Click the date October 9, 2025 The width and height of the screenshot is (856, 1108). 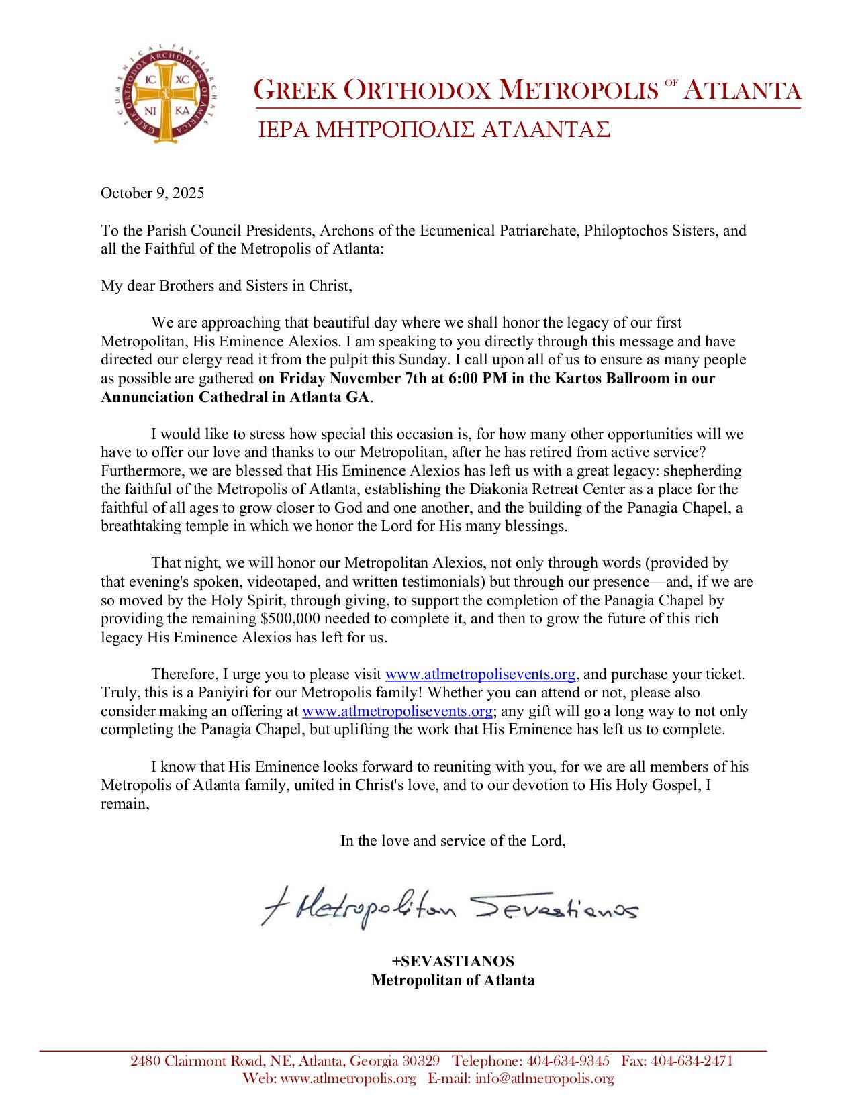tap(152, 194)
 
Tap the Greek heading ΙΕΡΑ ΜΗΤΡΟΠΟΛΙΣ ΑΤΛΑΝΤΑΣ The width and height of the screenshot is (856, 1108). tap(434, 130)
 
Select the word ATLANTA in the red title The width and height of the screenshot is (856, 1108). tap(743, 91)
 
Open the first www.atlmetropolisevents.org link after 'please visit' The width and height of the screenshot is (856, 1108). tap(481, 674)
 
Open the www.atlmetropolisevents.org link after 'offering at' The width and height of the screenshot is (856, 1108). tap(398, 711)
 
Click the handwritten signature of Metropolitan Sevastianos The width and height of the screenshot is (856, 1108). tap(448, 909)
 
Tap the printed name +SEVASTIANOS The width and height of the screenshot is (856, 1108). tap(453, 961)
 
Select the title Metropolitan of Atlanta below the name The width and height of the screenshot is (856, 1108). tap(453, 980)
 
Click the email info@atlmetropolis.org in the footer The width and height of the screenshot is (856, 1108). tap(544, 1078)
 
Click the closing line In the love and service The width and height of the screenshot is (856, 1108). tap(453, 840)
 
